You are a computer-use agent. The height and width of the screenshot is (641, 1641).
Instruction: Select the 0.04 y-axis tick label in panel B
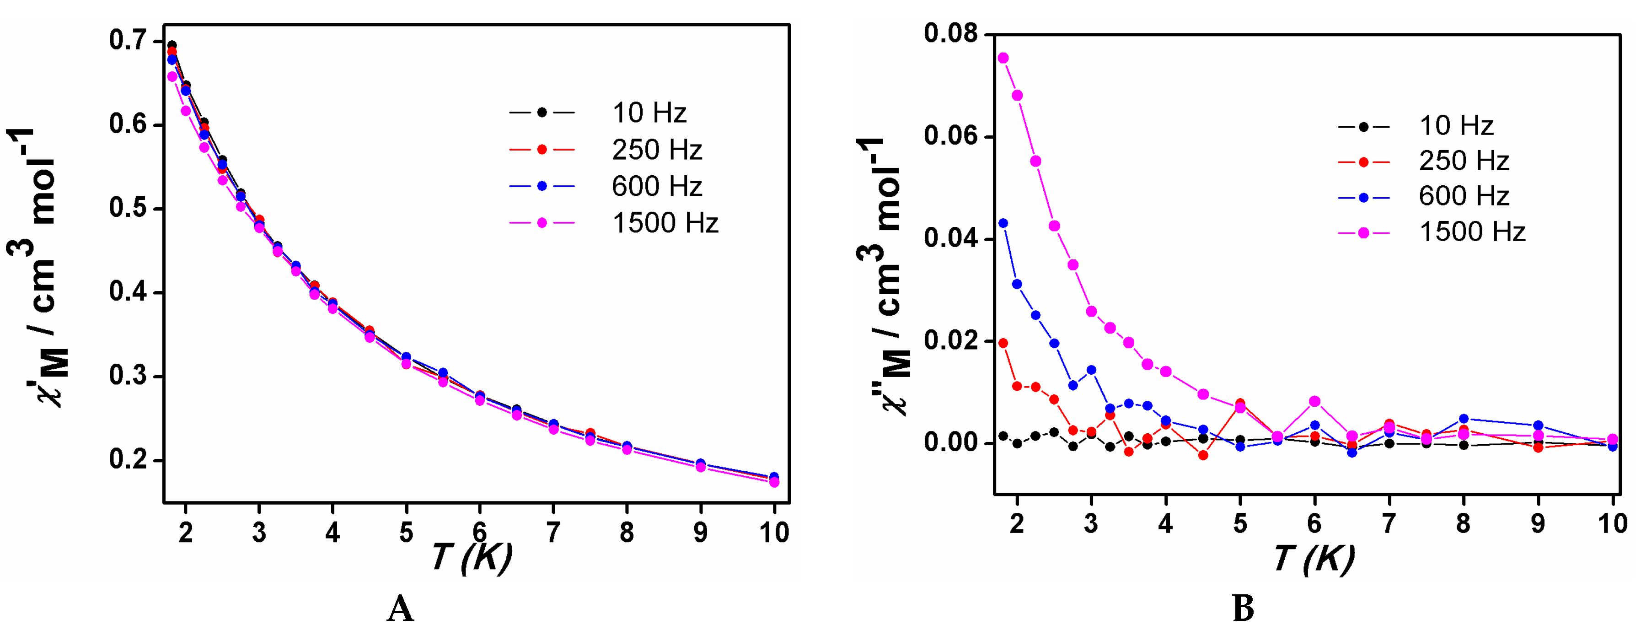point(950,238)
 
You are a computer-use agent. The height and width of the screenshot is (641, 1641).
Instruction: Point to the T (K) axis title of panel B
point(1314,559)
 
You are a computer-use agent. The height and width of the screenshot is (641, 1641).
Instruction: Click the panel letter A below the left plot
point(400,609)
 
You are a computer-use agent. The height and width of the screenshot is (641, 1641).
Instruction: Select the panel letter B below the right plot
point(1243,609)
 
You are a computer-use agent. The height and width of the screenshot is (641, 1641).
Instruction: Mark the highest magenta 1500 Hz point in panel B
point(1003,58)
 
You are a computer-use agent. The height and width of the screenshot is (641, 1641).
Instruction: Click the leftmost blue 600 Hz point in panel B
point(1003,223)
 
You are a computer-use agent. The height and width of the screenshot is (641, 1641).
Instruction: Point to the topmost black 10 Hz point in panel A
point(172,45)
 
